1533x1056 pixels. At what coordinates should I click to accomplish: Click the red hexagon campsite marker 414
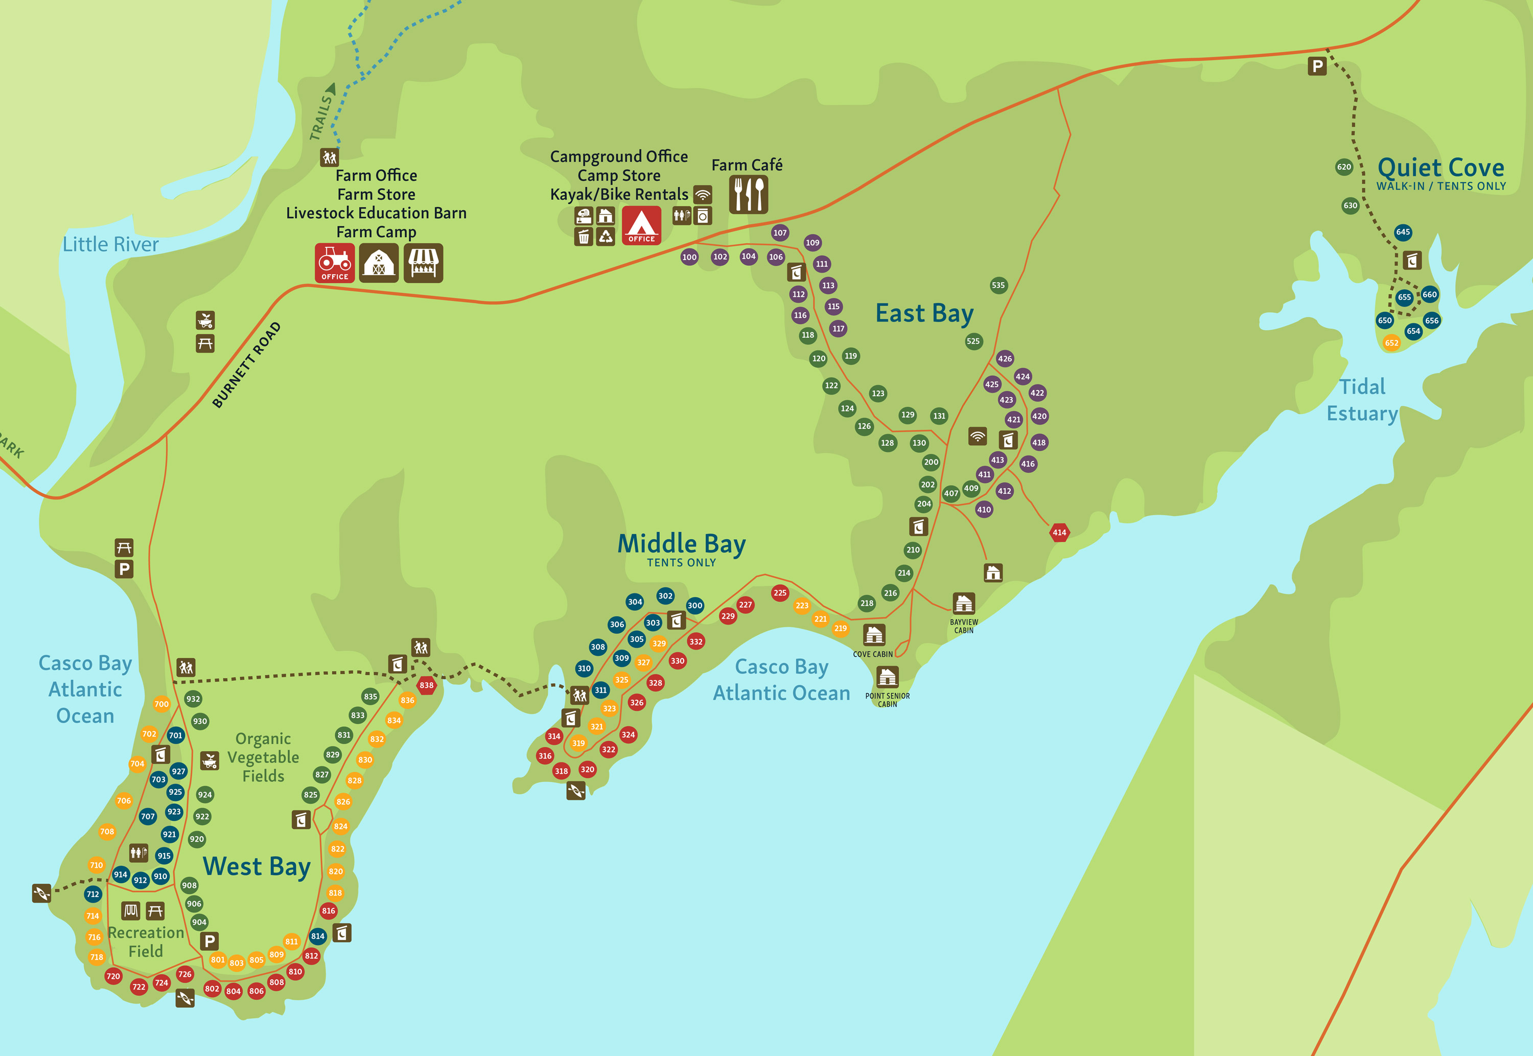coord(1059,532)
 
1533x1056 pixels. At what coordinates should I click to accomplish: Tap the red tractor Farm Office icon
coord(335,263)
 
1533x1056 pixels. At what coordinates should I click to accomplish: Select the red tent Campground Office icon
coord(641,225)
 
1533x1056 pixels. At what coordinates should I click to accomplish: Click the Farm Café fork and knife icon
coord(748,195)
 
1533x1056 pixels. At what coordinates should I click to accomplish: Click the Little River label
coord(110,244)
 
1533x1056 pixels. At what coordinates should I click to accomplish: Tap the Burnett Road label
coord(246,365)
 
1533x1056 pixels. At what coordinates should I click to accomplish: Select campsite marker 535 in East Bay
coord(998,285)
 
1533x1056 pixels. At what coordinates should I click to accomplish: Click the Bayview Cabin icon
coord(964,604)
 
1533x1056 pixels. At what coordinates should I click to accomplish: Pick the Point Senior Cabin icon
coord(887,677)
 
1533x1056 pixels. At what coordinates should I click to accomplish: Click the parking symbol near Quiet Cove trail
coord(1317,66)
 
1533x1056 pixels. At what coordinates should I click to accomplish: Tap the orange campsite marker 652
coord(1391,343)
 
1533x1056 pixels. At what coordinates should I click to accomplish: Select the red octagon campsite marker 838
coord(427,685)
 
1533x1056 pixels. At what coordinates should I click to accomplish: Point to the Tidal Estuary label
coord(1362,400)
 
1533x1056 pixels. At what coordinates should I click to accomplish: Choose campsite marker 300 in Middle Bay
coord(694,605)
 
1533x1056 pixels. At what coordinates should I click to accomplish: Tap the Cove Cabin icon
coord(874,635)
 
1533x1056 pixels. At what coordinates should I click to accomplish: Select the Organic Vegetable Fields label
coord(263,757)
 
